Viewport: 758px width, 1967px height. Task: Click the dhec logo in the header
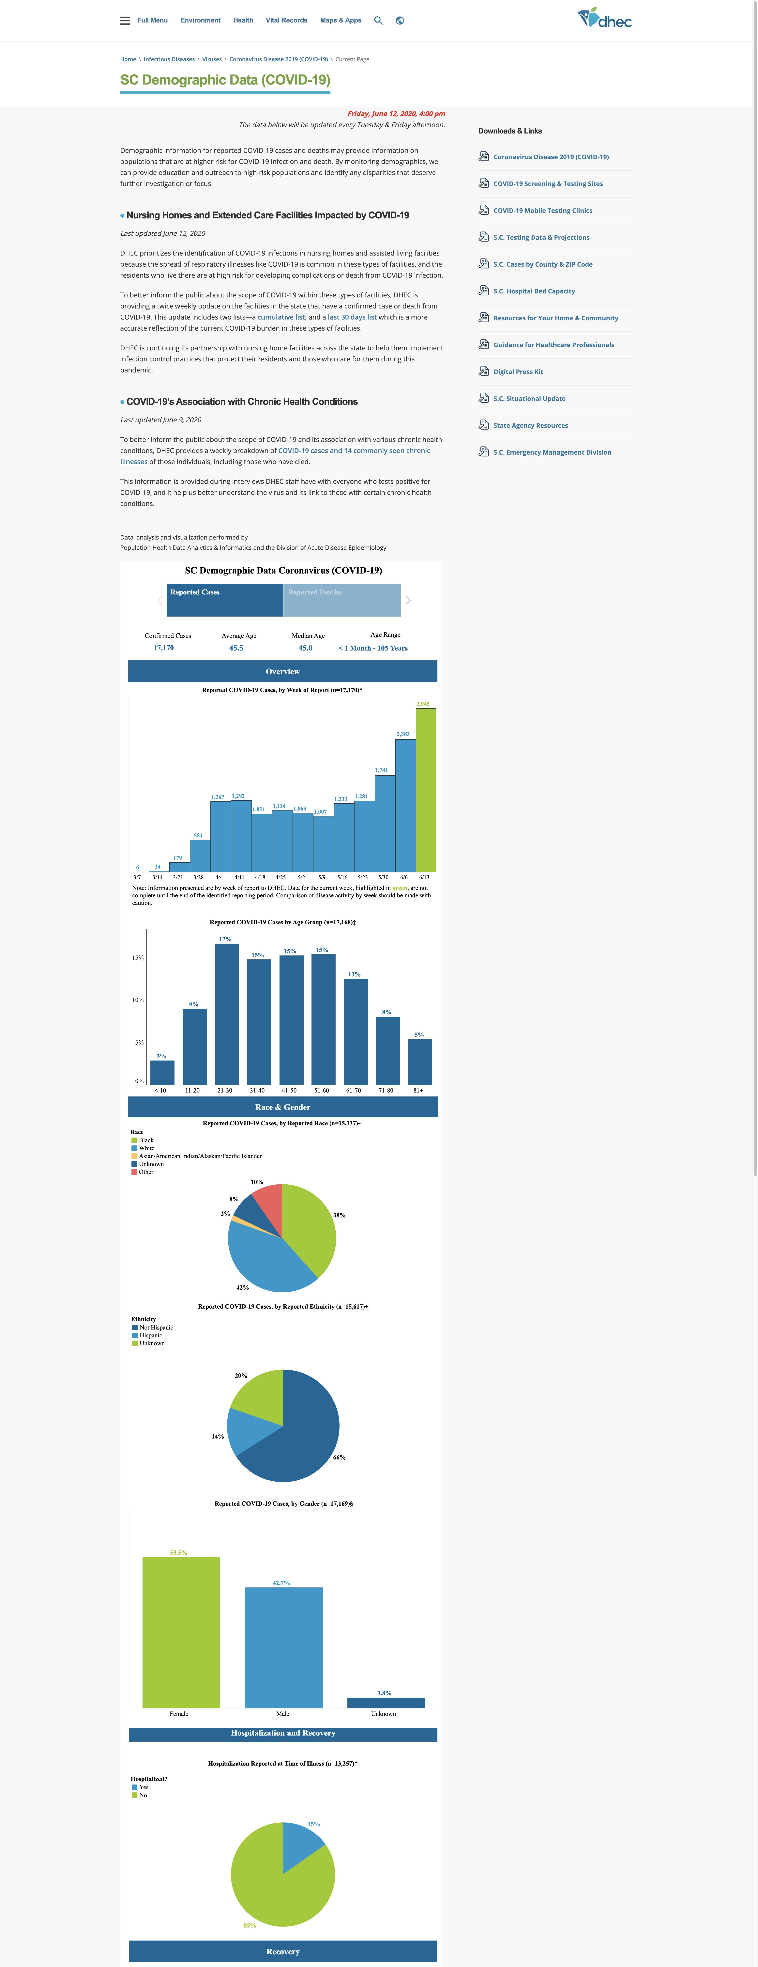coord(605,18)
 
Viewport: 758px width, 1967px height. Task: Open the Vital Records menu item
coord(286,21)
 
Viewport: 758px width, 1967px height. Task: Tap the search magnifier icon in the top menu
coord(378,21)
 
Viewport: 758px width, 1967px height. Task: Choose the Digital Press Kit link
coord(518,372)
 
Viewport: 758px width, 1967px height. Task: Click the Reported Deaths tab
coord(342,600)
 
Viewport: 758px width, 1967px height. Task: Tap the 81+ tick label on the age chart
coord(418,1090)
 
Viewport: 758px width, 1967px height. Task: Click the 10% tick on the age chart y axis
coord(137,999)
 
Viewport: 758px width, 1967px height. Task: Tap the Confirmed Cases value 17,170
coord(163,648)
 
